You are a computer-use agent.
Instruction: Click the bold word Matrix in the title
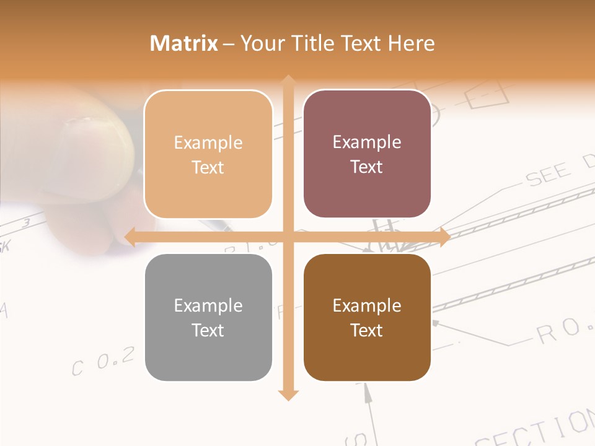(x=184, y=43)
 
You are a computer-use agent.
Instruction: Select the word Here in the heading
(x=412, y=43)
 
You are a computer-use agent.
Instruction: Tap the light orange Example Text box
(x=208, y=154)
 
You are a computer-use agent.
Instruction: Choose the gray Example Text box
(x=208, y=317)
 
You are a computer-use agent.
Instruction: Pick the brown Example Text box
(x=367, y=317)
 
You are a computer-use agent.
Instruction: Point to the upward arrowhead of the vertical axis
(x=288, y=81)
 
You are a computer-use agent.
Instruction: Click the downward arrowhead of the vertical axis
(x=288, y=395)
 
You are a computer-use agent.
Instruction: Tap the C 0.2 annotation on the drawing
(x=103, y=361)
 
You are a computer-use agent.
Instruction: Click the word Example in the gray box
(x=208, y=305)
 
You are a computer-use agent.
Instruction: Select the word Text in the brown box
(x=367, y=330)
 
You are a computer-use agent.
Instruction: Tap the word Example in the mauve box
(x=367, y=142)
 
